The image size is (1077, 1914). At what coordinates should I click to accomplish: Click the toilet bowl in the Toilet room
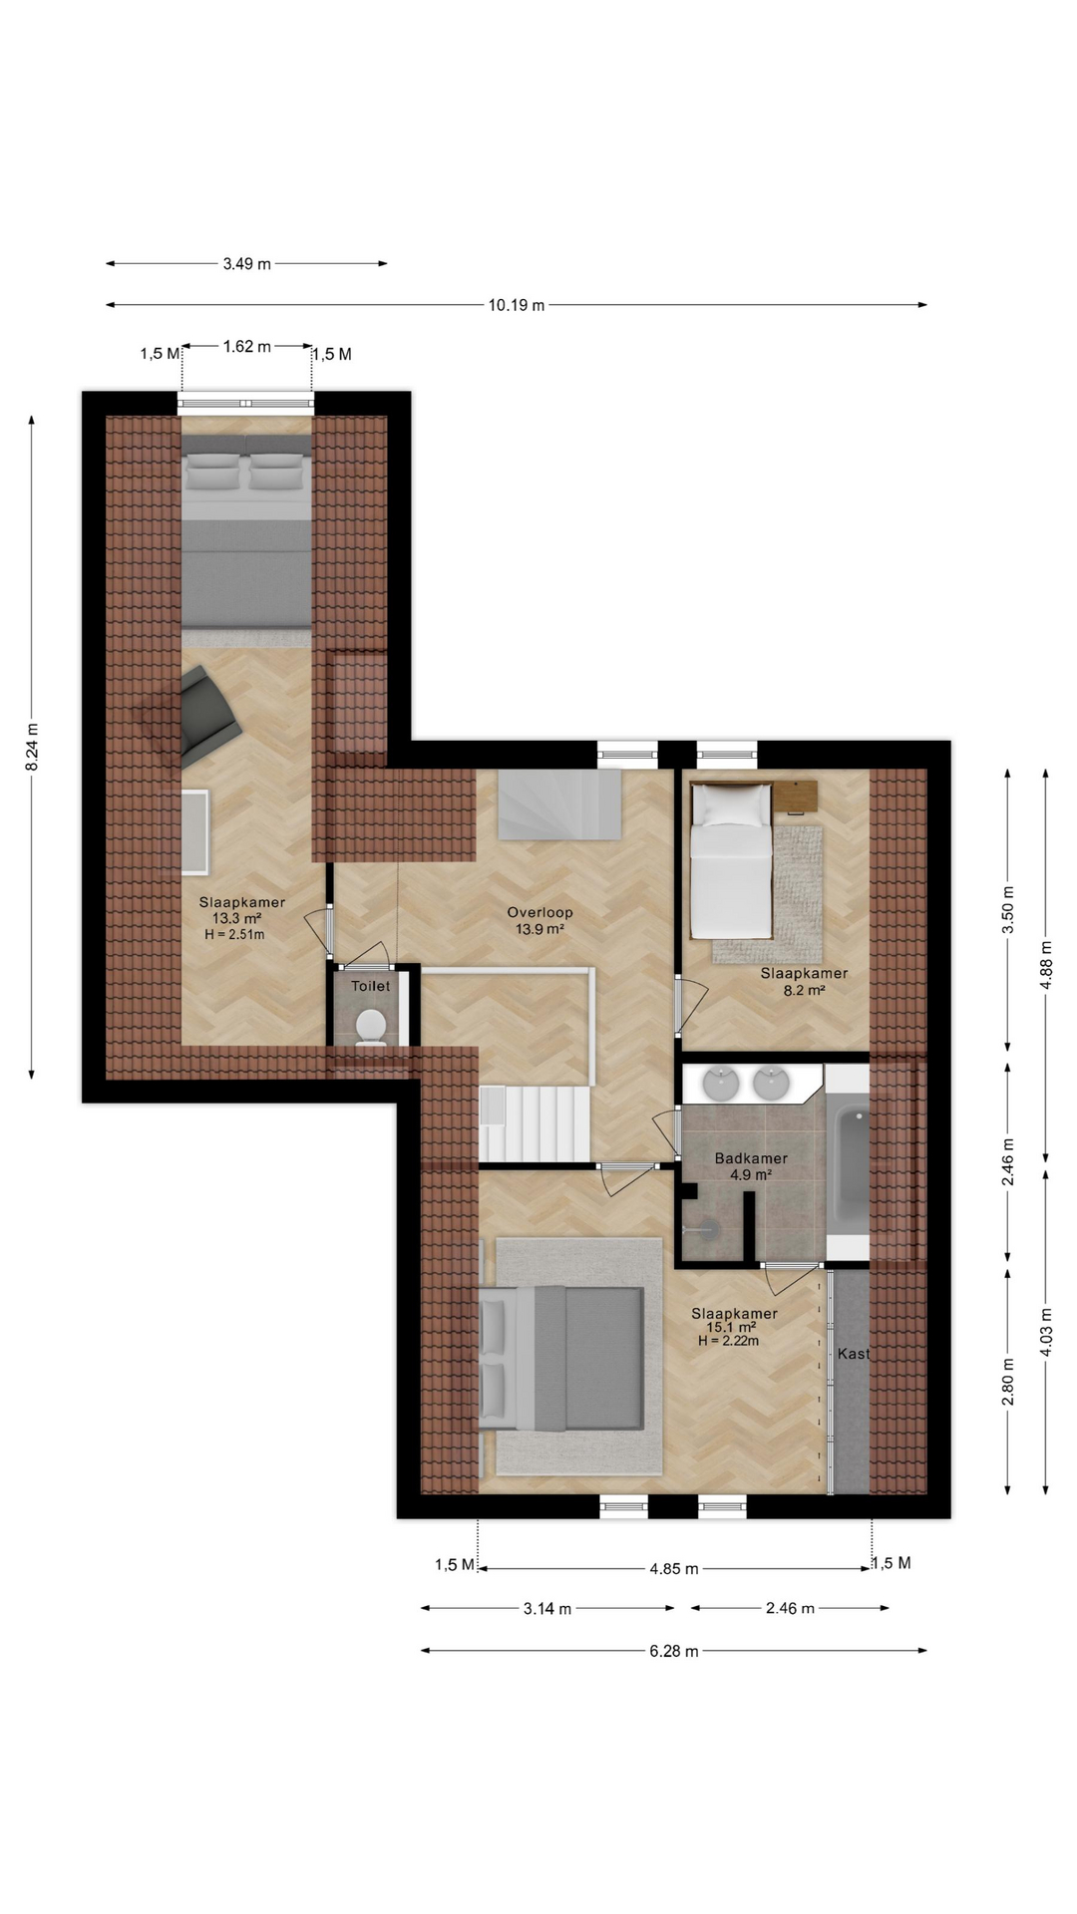click(x=371, y=1028)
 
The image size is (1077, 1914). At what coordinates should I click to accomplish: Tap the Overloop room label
click(x=539, y=912)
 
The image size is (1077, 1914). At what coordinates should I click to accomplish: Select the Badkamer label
click(x=751, y=1158)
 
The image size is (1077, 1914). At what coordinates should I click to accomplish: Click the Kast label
click(x=854, y=1354)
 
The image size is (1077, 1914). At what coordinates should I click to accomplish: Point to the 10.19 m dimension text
click(x=517, y=305)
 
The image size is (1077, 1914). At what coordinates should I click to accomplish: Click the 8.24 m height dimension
click(x=32, y=747)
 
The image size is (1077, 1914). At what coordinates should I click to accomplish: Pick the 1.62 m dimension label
click(x=247, y=347)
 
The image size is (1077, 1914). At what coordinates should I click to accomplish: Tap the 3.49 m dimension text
click(x=246, y=264)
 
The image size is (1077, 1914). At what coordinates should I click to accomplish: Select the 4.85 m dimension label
click(x=674, y=1569)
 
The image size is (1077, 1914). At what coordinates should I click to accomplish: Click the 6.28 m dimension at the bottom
click(x=674, y=1651)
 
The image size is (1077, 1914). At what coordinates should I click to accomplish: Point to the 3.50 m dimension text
click(x=1008, y=909)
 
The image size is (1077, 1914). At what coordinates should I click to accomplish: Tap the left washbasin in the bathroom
click(x=720, y=1083)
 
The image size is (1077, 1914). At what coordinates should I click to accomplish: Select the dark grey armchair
click(x=207, y=715)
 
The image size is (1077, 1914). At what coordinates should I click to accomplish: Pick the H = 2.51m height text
click(x=234, y=935)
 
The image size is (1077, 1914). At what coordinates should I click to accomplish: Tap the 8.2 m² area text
click(x=804, y=991)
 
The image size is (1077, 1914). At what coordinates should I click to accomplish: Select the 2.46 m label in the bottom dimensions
click(x=790, y=1608)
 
